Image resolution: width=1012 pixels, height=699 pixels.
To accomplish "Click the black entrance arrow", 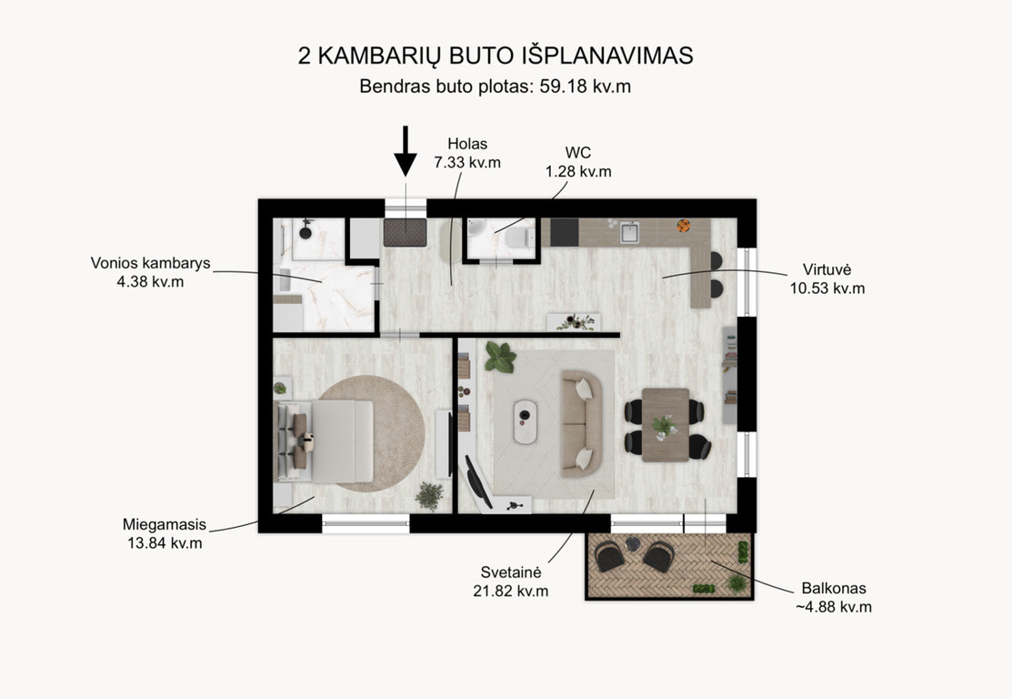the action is (406, 151).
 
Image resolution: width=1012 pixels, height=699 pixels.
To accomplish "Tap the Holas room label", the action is (467, 153).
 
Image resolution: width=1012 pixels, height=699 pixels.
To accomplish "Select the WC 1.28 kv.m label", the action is (578, 162).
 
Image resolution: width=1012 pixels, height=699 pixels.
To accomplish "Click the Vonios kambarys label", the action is (150, 272).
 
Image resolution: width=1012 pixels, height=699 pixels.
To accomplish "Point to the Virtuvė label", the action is (827, 279).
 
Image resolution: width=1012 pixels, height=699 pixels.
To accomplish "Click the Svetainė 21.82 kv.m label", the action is (510, 582).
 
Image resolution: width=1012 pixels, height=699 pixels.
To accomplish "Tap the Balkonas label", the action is (834, 598).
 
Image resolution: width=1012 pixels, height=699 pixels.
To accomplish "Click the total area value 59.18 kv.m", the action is (586, 86).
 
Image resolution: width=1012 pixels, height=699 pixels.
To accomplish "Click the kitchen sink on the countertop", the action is (629, 232).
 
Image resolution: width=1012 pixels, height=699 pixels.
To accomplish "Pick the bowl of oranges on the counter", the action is (684, 226).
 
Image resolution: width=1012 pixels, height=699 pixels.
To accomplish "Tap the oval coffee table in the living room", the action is (526, 421).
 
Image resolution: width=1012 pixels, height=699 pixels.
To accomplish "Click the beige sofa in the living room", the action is (582, 424).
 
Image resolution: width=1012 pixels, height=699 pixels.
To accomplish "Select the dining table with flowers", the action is (666, 424).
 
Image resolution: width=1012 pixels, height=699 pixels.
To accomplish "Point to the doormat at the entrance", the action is (406, 233).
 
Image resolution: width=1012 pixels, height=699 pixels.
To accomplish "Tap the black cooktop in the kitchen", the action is (565, 232).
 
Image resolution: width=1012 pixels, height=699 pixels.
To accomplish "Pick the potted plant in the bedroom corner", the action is (429, 496).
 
